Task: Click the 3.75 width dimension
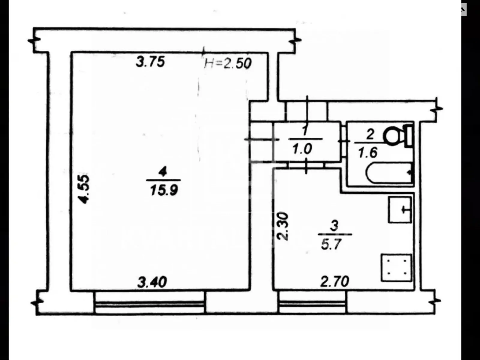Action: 150,62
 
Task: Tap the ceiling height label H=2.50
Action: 228,63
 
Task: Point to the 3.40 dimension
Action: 152,282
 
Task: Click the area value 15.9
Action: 164,190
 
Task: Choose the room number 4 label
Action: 163,172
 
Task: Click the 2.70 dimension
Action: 334,282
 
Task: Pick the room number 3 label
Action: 334,225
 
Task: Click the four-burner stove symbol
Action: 396,268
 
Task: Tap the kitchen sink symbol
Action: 400,209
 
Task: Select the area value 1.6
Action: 367,152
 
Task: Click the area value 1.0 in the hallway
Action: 302,149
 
